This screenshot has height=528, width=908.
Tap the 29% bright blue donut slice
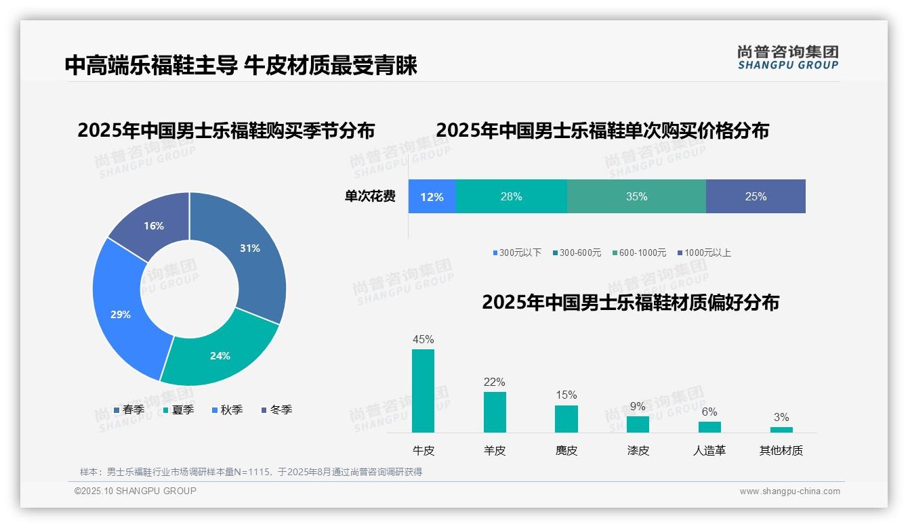121,314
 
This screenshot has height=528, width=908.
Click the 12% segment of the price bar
432,197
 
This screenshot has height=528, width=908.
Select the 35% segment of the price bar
636,197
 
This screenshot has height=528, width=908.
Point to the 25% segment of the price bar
756,197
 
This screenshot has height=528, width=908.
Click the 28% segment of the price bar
511,197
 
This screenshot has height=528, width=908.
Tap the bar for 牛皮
423,391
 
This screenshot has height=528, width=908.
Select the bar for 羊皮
495,412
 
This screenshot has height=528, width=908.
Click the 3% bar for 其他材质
781,429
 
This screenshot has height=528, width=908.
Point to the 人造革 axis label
709,450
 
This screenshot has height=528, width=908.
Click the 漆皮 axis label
638,450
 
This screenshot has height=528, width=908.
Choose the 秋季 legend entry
227,410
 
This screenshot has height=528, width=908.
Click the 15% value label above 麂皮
566,395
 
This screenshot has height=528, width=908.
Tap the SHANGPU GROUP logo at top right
787,58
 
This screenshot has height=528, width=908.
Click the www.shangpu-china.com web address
789,491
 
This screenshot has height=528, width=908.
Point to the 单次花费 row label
370,197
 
